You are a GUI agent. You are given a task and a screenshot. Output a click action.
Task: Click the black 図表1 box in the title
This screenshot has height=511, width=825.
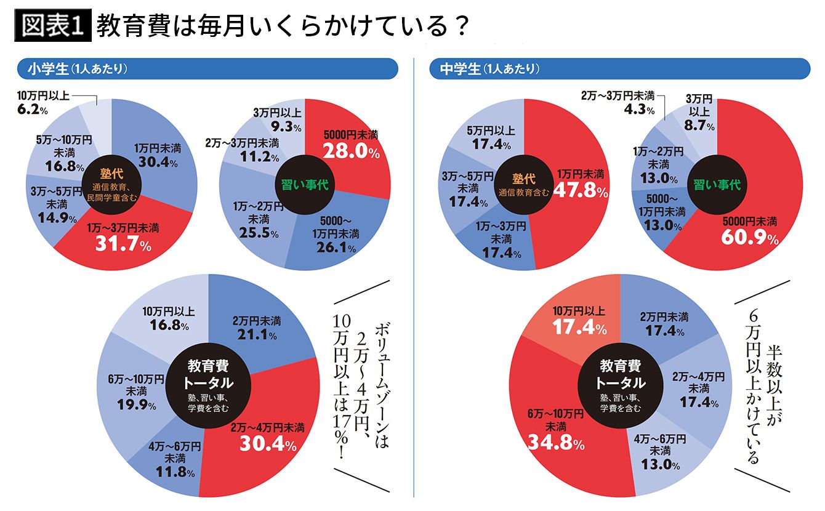(53, 25)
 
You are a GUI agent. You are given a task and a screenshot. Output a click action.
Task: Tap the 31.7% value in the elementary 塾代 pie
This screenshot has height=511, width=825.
(123, 244)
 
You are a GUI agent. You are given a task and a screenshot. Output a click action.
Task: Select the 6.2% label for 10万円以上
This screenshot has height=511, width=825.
(33, 110)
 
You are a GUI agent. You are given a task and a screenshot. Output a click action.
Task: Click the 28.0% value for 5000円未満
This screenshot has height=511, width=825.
(352, 151)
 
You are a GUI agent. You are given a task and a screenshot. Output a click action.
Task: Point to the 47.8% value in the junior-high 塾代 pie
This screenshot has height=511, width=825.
(581, 190)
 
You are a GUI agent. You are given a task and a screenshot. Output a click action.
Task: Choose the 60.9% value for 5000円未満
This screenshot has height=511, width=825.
(750, 237)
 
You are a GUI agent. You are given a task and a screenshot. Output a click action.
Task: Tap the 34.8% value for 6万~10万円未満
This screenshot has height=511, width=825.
(556, 442)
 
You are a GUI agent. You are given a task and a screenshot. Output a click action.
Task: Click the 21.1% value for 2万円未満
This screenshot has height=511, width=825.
(257, 334)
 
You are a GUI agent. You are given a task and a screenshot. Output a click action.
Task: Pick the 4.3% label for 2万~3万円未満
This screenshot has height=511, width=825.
(639, 110)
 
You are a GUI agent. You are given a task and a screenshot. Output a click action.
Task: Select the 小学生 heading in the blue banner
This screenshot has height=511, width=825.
(48, 69)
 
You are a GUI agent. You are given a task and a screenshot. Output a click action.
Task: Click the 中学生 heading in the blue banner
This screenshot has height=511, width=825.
(461, 69)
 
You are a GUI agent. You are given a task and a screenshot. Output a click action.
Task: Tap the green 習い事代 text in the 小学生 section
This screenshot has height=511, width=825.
(305, 185)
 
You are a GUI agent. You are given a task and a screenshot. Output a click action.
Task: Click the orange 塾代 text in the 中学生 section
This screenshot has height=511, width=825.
(523, 179)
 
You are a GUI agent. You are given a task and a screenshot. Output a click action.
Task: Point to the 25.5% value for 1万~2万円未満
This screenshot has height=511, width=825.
(259, 233)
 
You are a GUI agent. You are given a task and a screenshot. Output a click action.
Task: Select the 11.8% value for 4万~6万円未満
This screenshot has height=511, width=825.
(175, 472)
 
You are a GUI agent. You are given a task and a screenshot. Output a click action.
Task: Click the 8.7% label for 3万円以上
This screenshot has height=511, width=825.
(699, 125)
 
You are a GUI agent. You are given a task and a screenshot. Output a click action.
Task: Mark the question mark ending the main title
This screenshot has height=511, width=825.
(461, 26)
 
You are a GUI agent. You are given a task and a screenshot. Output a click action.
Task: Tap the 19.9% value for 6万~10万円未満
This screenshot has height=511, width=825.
(137, 405)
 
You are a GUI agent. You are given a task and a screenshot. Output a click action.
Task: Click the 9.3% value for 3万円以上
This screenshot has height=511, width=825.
(286, 127)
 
